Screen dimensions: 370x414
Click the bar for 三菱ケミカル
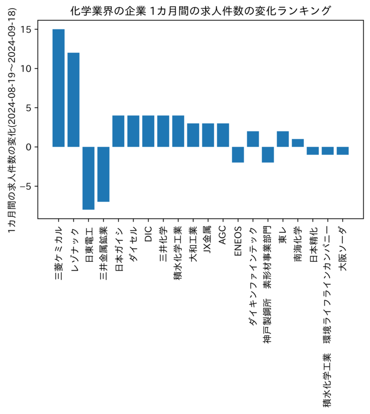coord(58,88)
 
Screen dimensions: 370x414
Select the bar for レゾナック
coord(73,100)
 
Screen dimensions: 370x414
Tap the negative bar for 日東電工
coord(88,178)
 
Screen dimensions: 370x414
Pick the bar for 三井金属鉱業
coord(103,174)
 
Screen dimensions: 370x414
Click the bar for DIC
coord(148,131)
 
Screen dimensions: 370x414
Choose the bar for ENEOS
coord(238,155)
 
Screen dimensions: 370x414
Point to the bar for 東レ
coord(283,139)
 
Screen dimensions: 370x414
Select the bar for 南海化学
coord(298,143)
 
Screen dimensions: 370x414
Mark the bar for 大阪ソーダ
coord(343,151)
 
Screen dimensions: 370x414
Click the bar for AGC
coord(223,135)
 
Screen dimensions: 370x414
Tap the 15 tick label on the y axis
coord(26,29)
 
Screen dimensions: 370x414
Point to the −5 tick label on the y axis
coord(25,186)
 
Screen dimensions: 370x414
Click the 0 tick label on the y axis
coord(28,147)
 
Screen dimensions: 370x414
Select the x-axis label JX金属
coord(208,240)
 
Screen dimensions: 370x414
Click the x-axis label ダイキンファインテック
coord(253,276)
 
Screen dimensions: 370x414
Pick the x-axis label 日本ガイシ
coord(119,249)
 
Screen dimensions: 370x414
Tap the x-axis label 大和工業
coord(193,244)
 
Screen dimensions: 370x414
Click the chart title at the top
coord(200,11)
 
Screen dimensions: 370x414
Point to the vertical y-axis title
coord(12,121)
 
